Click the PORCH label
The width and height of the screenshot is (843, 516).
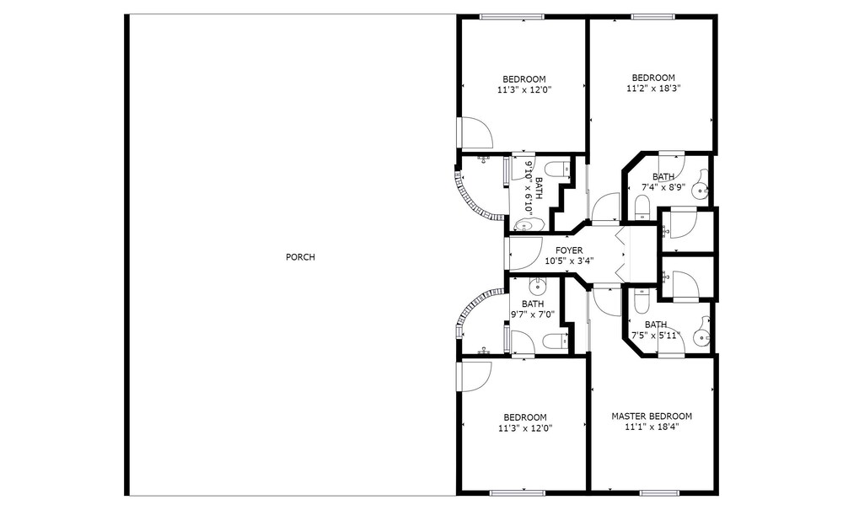click(300, 257)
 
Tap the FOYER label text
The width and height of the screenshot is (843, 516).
click(569, 250)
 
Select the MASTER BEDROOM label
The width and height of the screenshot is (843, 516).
click(652, 416)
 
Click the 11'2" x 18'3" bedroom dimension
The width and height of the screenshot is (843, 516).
click(653, 89)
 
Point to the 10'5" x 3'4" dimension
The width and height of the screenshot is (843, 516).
click(569, 261)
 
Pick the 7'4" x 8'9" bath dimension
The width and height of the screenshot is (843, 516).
click(663, 187)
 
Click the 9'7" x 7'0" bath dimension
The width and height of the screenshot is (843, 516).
click(532, 314)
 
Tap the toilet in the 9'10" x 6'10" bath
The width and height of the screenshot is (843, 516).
click(561, 169)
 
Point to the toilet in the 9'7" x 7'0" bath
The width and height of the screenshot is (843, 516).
click(555, 341)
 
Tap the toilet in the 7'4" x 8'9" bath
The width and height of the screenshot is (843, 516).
click(642, 207)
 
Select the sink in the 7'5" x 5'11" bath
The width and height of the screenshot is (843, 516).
click(701, 335)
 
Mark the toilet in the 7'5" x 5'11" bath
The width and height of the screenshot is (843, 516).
click(642, 301)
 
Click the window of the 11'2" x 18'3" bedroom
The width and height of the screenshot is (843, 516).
click(652, 17)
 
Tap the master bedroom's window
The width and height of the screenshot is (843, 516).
click(660, 493)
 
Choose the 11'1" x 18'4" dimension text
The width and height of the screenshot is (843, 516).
click(652, 427)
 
